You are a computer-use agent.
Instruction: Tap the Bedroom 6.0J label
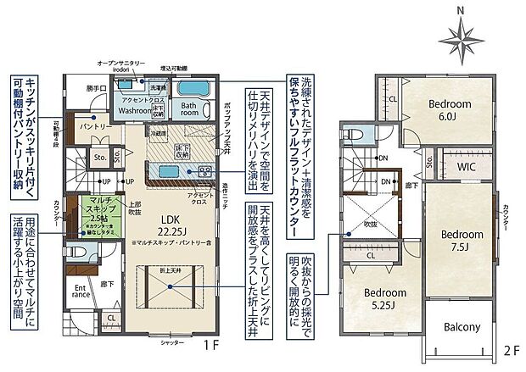(450, 109)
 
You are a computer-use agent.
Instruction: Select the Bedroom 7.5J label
(462, 240)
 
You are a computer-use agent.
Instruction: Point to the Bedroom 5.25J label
(386, 298)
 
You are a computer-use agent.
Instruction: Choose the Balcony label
(462, 327)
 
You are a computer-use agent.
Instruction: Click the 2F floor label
(510, 348)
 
